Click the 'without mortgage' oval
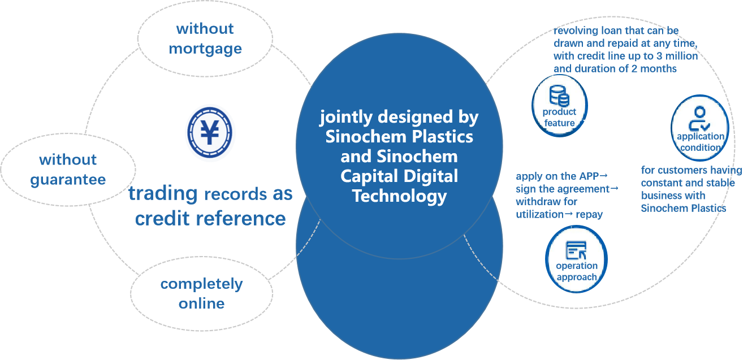(205, 38)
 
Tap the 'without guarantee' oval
(68, 170)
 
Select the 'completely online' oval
(202, 293)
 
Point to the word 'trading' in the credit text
(162, 193)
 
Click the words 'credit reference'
(210, 218)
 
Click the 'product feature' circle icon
(559, 106)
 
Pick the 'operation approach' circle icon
(576, 259)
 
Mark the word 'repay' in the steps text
(590, 214)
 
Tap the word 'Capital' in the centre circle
(368, 176)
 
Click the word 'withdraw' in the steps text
(538, 202)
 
